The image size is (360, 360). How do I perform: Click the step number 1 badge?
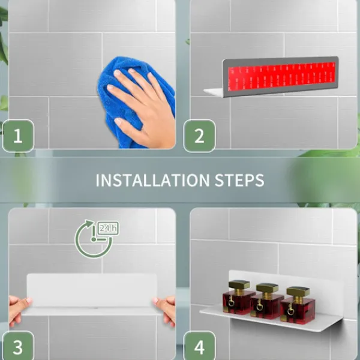tap(18, 136)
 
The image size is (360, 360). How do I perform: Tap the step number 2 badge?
tap(199, 136)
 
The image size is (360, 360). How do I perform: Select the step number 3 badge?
tap(18, 346)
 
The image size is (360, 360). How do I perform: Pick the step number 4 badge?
tap(199, 346)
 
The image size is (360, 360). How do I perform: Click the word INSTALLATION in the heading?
tap(152, 180)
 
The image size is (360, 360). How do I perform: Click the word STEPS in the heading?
tap(239, 180)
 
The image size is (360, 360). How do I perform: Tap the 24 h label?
tap(109, 228)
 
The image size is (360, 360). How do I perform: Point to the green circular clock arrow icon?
tap(94, 239)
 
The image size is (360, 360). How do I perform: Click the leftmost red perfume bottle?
tap(238, 297)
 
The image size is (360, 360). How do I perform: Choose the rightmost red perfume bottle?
tap(298, 305)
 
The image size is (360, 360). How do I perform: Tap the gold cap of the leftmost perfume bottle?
tap(239, 284)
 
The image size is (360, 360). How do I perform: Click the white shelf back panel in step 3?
tap(92, 290)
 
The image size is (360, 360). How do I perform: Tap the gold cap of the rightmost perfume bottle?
tap(298, 292)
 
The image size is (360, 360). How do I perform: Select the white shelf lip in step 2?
tap(214, 92)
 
